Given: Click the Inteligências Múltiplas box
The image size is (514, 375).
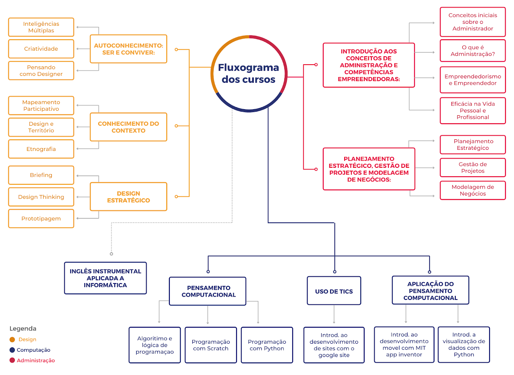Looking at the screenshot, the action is click(41, 27).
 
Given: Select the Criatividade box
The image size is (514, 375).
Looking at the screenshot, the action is click(41, 49).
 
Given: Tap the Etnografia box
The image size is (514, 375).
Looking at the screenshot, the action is click(41, 149).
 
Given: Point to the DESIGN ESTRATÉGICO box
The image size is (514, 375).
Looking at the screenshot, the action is click(129, 197).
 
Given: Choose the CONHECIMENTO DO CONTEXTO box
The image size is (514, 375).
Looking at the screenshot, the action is click(129, 127).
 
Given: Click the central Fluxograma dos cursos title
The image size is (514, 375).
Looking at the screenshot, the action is click(249, 73).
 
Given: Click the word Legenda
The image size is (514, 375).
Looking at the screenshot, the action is click(23, 329).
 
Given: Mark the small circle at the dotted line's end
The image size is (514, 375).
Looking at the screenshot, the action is click(112, 254).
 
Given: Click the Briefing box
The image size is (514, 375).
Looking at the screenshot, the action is click(41, 175).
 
